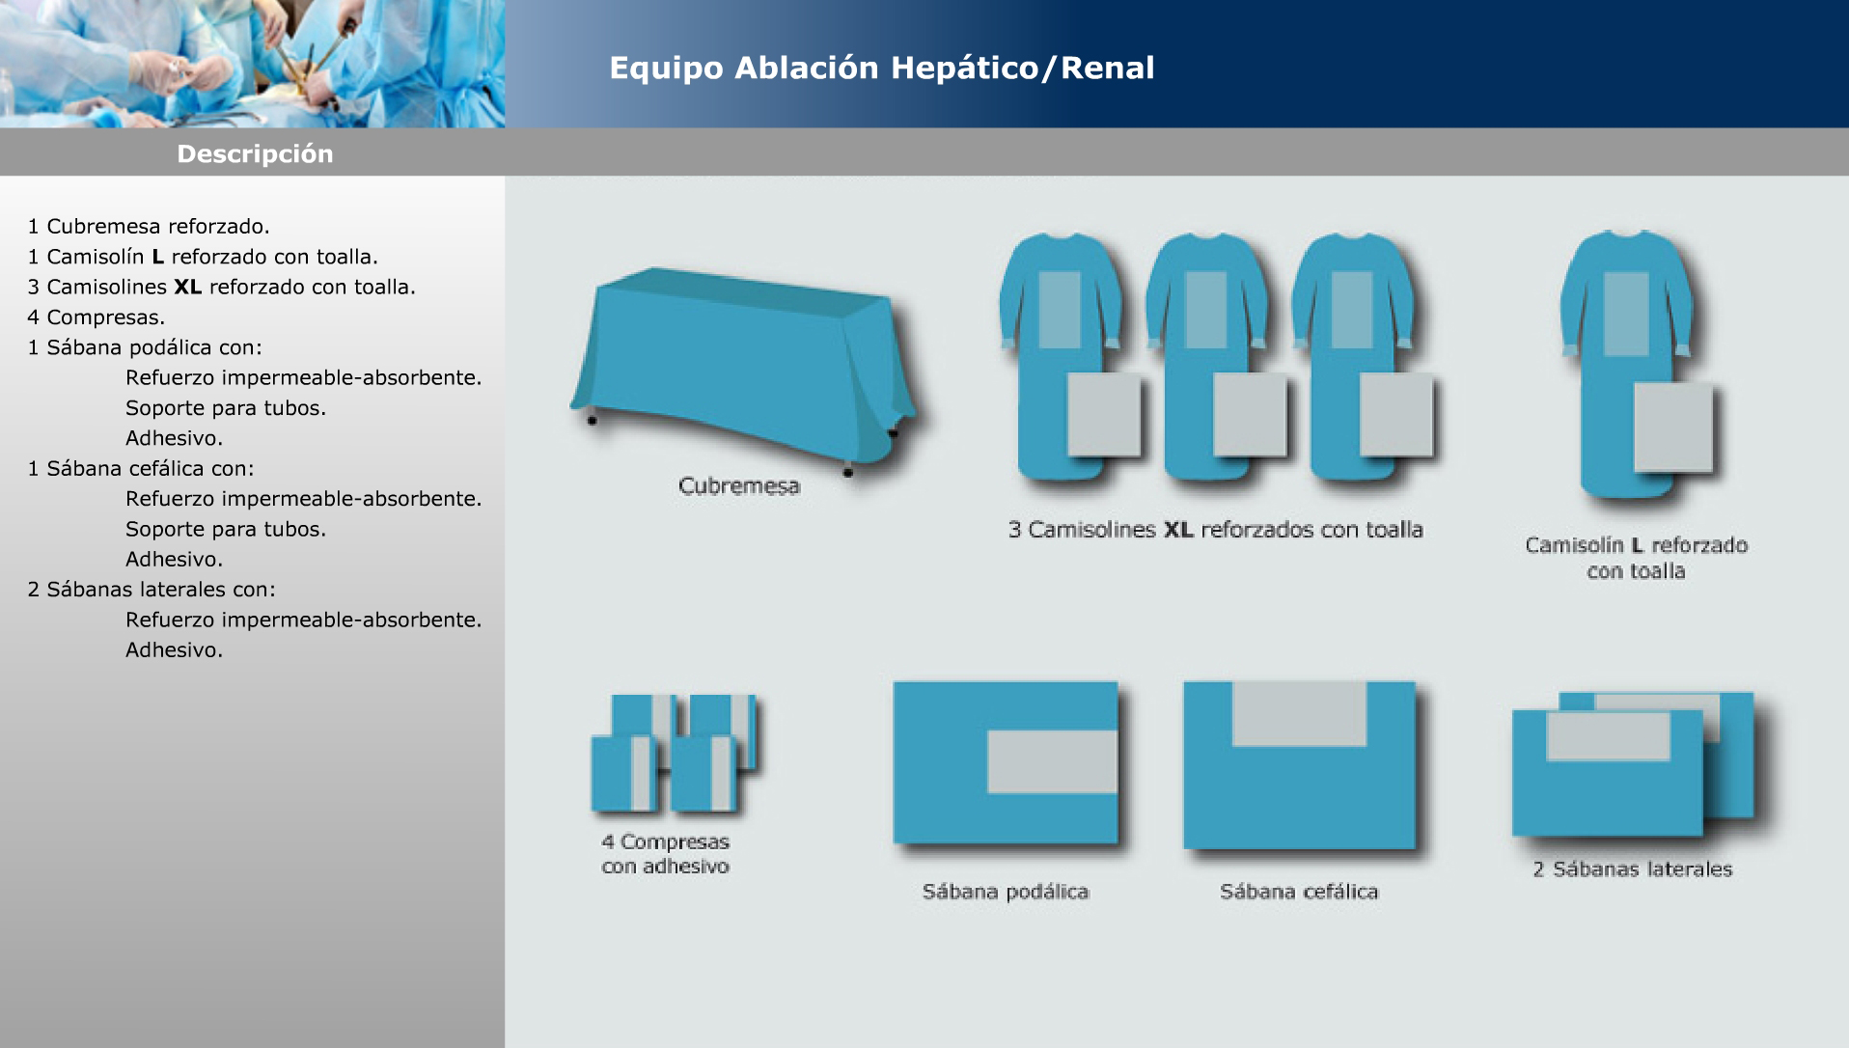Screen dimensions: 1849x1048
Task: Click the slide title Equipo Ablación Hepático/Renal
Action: point(881,68)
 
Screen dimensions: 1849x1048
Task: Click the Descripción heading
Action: point(255,154)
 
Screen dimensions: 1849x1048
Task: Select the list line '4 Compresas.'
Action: point(97,317)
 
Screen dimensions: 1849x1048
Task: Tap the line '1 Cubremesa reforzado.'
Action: point(149,227)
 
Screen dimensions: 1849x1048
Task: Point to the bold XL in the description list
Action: point(187,287)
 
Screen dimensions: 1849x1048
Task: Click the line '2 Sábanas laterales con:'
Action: point(152,589)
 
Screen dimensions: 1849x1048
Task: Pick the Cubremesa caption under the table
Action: point(739,485)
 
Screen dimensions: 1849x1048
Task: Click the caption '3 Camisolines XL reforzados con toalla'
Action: point(1215,529)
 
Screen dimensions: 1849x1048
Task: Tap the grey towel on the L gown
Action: point(1672,427)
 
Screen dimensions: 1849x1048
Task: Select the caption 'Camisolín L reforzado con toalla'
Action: point(1636,558)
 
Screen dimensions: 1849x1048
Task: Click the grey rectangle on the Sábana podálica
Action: point(1052,761)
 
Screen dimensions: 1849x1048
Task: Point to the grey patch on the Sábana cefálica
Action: point(1300,714)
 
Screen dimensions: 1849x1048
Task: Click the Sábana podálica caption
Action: point(1006,892)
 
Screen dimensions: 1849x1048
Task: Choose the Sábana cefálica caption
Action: point(1299,892)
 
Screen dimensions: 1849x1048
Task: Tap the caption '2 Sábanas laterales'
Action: point(1632,869)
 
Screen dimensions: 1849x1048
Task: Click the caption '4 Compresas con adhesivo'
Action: point(665,854)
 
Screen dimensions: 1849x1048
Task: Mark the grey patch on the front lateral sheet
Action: point(1608,736)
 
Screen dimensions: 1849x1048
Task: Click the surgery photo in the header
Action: point(252,64)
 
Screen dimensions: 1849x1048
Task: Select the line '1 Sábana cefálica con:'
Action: point(141,469)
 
